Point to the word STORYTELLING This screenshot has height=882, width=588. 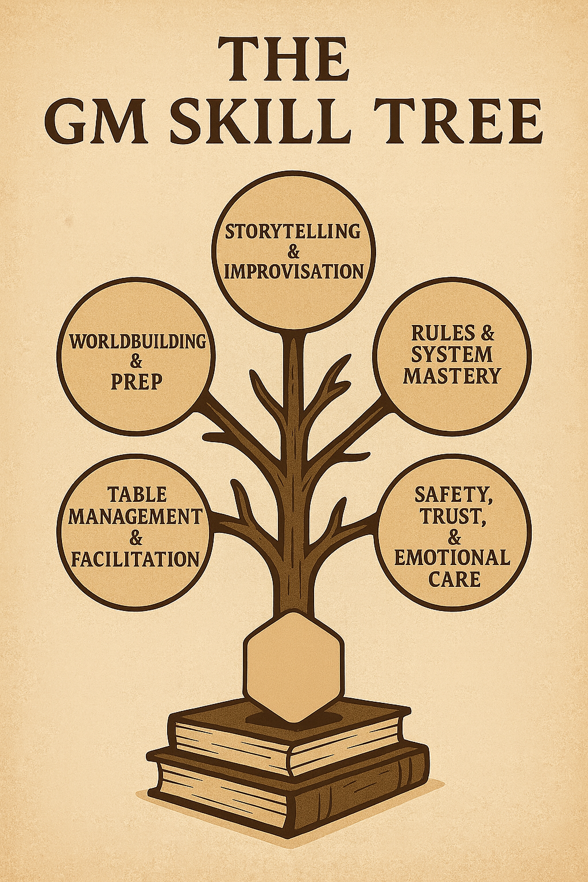tap(293, 232)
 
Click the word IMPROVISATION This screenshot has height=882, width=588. tap(293, 270)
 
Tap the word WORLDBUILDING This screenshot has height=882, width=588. tap(137, 341)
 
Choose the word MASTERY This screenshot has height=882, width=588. tap(452, 376)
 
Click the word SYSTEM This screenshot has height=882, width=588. tap(452, 354)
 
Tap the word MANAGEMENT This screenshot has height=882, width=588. tap(136, 516)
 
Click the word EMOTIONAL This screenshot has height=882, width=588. tap(452, 557)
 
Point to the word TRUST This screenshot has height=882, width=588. tap(451, 516)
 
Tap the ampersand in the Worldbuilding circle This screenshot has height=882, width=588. tap(137, 361)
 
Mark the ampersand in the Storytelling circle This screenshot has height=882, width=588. tap(293, 252)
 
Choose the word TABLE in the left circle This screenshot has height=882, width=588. tap(137, 494)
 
